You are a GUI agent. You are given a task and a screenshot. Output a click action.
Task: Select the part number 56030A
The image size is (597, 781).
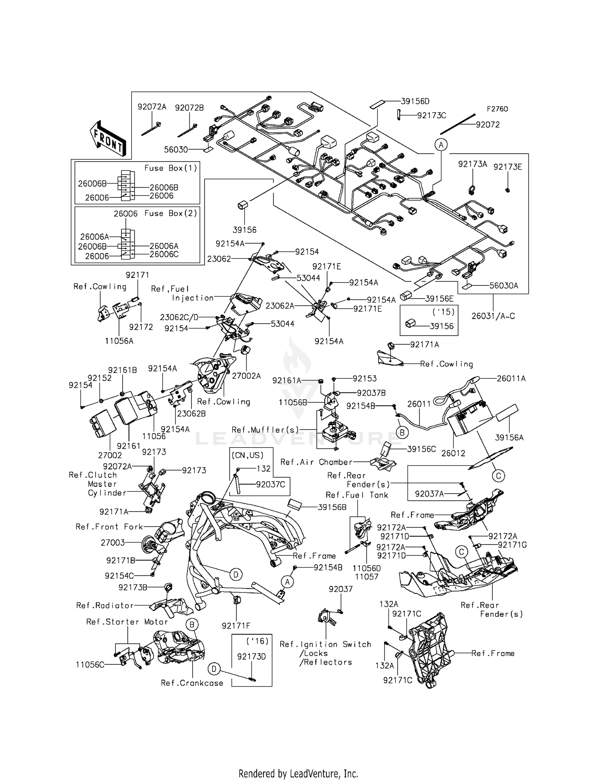503,285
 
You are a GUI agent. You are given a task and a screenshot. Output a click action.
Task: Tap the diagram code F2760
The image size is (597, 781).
497,109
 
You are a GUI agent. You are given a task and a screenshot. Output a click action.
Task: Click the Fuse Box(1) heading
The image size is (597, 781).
171,168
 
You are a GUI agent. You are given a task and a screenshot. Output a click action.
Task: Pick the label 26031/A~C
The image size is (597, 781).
493,316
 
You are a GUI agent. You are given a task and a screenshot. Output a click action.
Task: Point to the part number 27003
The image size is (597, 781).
113,543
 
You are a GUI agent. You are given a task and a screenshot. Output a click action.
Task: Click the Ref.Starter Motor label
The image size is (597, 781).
127,622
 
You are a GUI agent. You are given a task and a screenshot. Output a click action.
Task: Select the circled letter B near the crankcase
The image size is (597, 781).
191,625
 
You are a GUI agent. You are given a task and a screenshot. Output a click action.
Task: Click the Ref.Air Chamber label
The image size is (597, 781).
316,462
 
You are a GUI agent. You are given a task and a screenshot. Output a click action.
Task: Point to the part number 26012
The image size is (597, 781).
453,453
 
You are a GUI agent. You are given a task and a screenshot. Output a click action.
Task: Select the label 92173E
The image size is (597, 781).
507,167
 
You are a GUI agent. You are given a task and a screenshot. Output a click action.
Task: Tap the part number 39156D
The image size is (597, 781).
415,102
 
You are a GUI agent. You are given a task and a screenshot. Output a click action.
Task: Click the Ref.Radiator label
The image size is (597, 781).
105,605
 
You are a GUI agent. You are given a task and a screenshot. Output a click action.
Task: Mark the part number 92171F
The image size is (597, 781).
236,626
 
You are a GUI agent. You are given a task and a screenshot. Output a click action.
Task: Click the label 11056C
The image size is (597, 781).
90,665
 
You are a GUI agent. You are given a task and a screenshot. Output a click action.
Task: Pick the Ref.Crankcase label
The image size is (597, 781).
192,683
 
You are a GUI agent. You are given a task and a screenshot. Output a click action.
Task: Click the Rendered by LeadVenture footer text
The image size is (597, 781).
298,763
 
